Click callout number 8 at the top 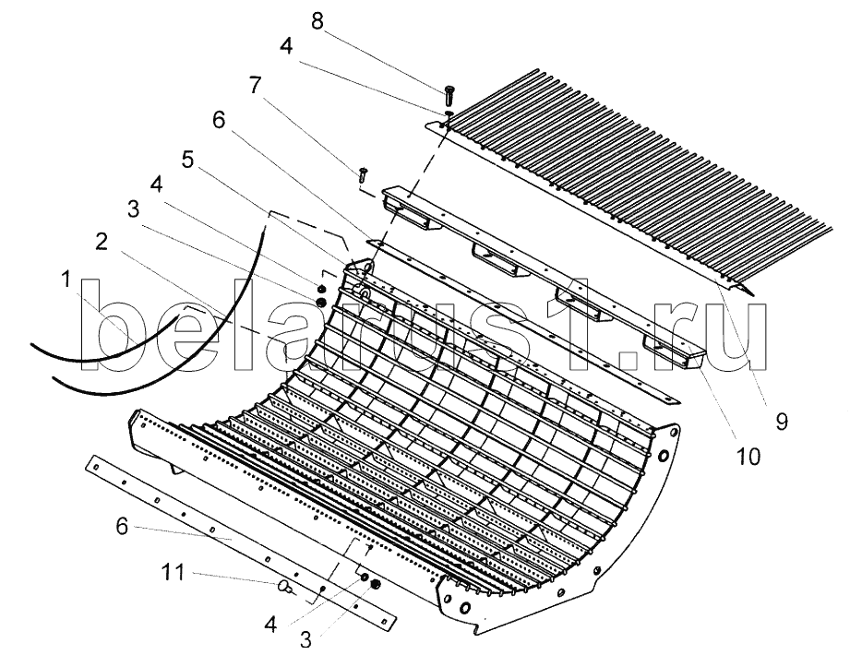point(317,21)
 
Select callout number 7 point(255,85)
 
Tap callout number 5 point(187,161)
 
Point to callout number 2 point(102,243)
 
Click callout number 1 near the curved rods point(66,280)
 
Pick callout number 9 point(781,421)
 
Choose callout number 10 point(748,457)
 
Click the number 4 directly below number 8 point(286,47)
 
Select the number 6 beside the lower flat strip point(122,526)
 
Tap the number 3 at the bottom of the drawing point(305,640)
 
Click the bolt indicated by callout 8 point(449,95)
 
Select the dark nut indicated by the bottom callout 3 point(375,585)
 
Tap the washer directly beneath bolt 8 point(449,113)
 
